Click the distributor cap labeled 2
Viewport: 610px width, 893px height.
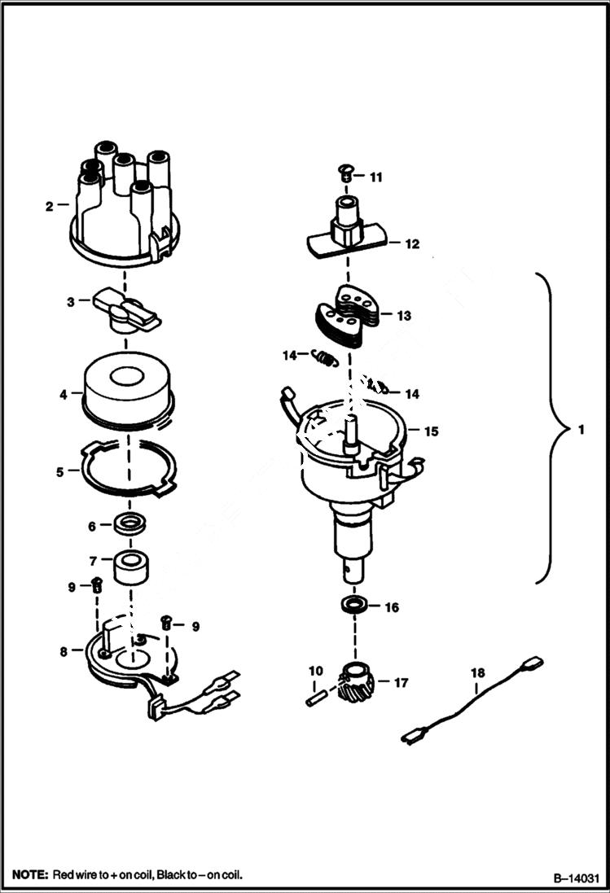(x=122, y=208)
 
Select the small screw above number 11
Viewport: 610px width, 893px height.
(x=344, y=172)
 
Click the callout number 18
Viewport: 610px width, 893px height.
(x=477, y=672)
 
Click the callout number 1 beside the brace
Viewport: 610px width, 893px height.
(x=580, y=430)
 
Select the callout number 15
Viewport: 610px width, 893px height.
(x=431, y=431)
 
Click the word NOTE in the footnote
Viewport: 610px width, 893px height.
(x=29, y=875)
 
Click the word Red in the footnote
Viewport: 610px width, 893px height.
(x=64, y=875)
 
